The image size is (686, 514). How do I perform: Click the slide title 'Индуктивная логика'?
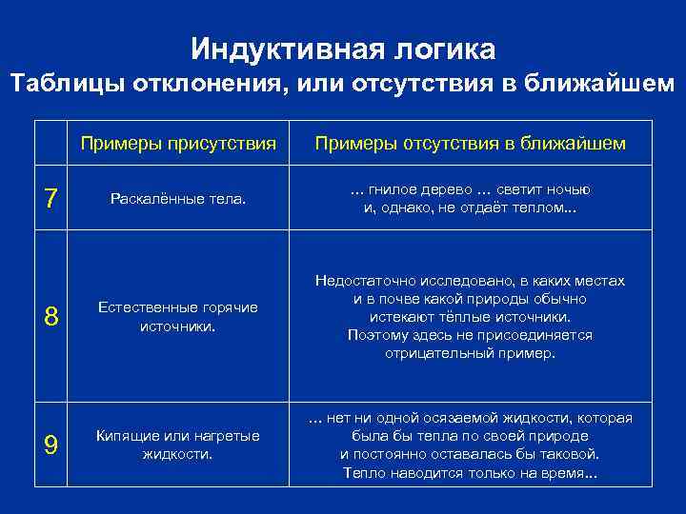(x=343, y=48)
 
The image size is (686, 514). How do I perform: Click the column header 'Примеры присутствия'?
(x=178, y=144)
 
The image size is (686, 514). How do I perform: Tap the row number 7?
(x=51, y=200)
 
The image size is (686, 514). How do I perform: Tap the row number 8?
(x=51, y=317)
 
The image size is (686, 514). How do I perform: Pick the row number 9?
(x=51, y=444)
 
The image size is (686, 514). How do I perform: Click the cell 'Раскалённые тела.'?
(x=178, y=199)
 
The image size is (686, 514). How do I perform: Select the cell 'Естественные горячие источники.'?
(x=178, y=317)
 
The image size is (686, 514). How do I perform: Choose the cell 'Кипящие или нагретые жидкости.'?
(x=178, y=444)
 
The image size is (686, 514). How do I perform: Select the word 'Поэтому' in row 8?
(x=375, y=335)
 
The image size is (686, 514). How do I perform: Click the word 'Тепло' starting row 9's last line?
(x=362, y=472)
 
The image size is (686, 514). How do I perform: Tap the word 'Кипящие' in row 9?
(x=124, y=435)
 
